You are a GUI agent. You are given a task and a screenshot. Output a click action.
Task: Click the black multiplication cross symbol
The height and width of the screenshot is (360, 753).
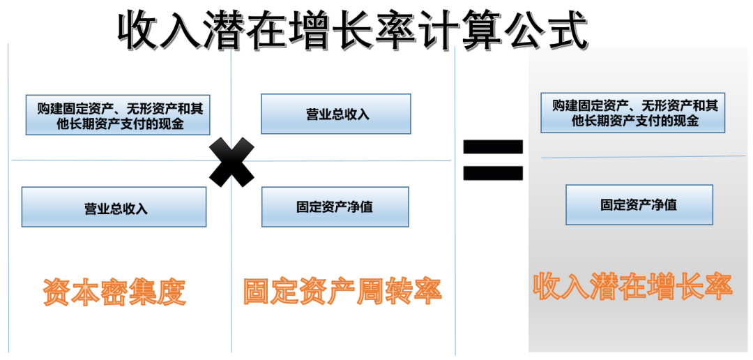tap(231, 162)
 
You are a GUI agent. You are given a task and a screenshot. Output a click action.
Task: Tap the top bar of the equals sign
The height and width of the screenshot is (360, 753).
tap(493, 147)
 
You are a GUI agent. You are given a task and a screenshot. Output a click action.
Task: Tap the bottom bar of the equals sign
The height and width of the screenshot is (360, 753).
tap(493, 172)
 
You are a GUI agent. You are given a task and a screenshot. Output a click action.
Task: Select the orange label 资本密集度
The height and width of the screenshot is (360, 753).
tap(114, 292)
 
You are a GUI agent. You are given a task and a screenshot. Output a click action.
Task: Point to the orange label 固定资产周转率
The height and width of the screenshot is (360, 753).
tap(342, 292)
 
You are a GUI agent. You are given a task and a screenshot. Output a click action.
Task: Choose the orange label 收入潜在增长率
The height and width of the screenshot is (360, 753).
tap(632, 287)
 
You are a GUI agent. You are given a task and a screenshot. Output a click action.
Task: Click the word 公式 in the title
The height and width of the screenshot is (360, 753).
tap(547, 29)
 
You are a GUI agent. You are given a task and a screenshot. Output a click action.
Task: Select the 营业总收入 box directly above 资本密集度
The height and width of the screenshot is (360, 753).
tap(114, 207)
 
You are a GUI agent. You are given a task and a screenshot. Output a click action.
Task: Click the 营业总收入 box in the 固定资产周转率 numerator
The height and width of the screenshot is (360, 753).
tap(336, 114)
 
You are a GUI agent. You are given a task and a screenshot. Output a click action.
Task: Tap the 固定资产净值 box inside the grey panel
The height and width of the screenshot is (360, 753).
tap(639, 204)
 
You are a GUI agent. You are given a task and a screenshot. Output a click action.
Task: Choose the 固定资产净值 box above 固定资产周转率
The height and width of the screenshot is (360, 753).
tap(335, 207)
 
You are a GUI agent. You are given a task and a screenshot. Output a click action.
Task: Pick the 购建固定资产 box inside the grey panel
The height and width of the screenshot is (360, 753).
tap(633, 113)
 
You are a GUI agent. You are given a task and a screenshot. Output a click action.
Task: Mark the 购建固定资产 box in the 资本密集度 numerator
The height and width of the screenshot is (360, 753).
tap(117, 115)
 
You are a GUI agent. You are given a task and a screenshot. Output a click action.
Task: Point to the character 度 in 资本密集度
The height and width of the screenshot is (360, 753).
tap(172, 292)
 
